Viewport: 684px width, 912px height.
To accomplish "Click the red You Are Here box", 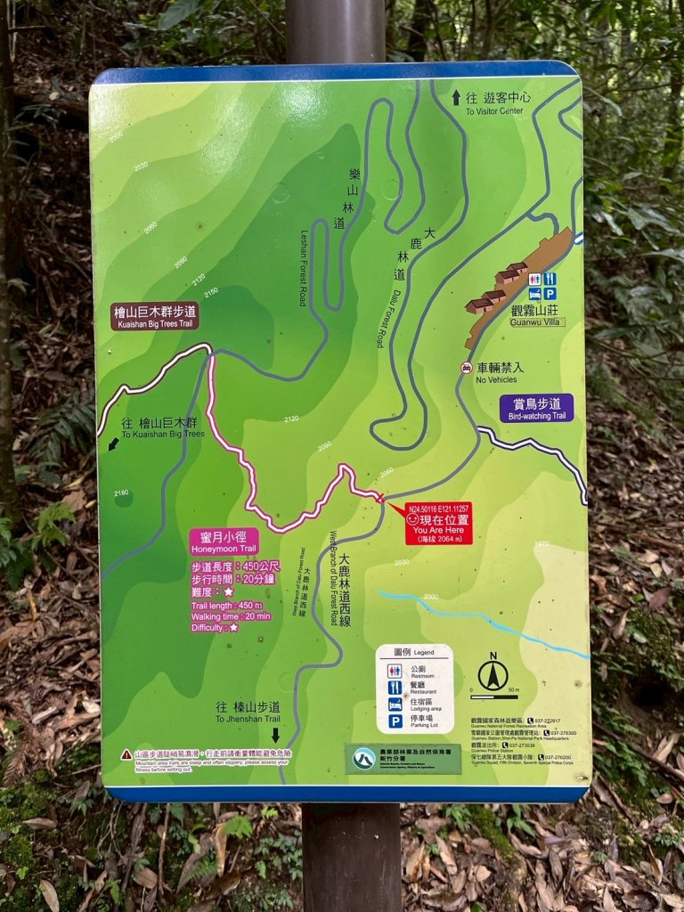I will tap(438, 524).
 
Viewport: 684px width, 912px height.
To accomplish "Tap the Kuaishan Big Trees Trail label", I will tap(155, 316).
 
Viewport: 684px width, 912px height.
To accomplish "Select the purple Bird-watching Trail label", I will tap(536, 408).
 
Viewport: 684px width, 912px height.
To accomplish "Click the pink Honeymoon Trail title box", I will tap(224, 542).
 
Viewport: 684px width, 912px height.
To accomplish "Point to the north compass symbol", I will tap(493, 673).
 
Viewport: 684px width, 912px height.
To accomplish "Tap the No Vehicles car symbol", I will tap(466, 368).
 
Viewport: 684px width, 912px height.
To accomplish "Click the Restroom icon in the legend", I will tap(395, 670).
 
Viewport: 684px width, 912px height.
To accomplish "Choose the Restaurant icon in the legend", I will tap(395, 688).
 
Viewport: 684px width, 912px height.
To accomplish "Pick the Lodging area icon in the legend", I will tap(395, 704).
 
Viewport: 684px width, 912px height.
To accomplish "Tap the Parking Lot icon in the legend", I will tap(395, 721).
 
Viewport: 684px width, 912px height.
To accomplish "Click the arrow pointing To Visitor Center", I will tap(457, 97).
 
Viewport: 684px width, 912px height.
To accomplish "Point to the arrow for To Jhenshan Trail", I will tap(275, 735).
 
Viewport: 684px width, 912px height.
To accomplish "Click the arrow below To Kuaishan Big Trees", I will tap(112, 444).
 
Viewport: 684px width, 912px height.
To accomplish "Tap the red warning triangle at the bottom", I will tap(126, 754).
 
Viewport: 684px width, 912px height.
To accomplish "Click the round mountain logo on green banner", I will tap(362, 759).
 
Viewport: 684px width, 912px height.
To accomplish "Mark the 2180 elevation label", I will tap(121, 493).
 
